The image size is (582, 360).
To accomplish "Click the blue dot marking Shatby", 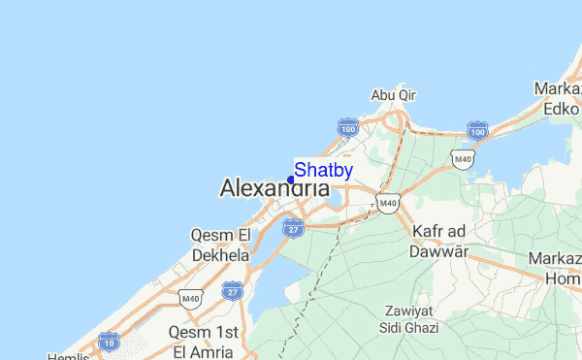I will click(x=291, y=180).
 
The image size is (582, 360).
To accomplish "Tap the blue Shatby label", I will click(x=323, y=170).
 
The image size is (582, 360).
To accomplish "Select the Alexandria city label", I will click(x=275, y=188).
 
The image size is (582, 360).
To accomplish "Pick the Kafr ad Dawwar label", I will click(x=440, y=241).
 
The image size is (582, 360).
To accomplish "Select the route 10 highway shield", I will click(x=110, y=342).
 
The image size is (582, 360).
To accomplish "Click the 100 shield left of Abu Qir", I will click(x=348, y=127).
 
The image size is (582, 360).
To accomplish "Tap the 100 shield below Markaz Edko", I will click(x=476, y=129).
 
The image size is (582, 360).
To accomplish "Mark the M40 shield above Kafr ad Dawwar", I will click(x=388, y=203).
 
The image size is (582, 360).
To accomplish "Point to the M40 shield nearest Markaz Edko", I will click(x=463, y=158).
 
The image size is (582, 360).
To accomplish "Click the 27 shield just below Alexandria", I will click(x=292, y=228).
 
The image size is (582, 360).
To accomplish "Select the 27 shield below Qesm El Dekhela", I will click(x=231, y=290).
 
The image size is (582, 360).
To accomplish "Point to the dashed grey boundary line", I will click(x=320, y=281).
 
